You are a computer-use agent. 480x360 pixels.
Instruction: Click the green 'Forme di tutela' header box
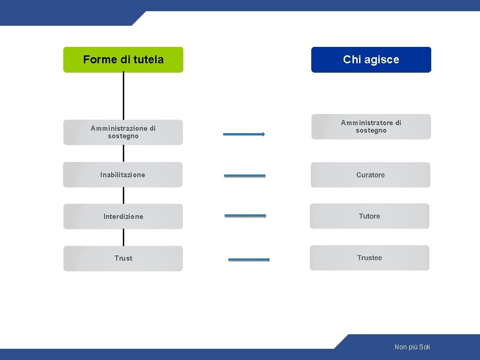[123, 60]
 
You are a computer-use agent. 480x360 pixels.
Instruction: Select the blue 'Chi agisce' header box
[371, 60]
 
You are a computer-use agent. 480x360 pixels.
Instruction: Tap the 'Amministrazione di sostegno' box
[123, 132]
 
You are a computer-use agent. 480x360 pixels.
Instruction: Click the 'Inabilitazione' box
[123, 175]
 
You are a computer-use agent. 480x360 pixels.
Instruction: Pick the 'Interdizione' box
[123, 217]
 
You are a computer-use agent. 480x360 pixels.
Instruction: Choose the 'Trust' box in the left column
[123, 258]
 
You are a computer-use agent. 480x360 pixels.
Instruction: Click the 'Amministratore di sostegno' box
[371, 127]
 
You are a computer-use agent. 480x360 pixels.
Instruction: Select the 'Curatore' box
[370, 175]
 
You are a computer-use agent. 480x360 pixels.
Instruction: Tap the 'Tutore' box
[369, 216]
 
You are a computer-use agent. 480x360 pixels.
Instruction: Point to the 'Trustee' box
[369, 258]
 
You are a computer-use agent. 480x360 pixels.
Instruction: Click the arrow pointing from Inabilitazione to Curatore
[245, 176]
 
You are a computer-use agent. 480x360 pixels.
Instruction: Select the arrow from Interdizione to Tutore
[245, 216]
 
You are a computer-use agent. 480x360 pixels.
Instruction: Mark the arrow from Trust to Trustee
[249, 259]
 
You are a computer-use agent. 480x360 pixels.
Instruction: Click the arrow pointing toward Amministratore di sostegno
[244, 134]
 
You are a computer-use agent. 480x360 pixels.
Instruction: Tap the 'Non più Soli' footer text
[412, 347]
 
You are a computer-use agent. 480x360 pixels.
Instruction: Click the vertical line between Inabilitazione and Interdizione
[123, 195]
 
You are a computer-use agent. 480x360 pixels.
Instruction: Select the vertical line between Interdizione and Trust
[123, 237]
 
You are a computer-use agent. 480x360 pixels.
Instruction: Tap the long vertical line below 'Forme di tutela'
[123, 96]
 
